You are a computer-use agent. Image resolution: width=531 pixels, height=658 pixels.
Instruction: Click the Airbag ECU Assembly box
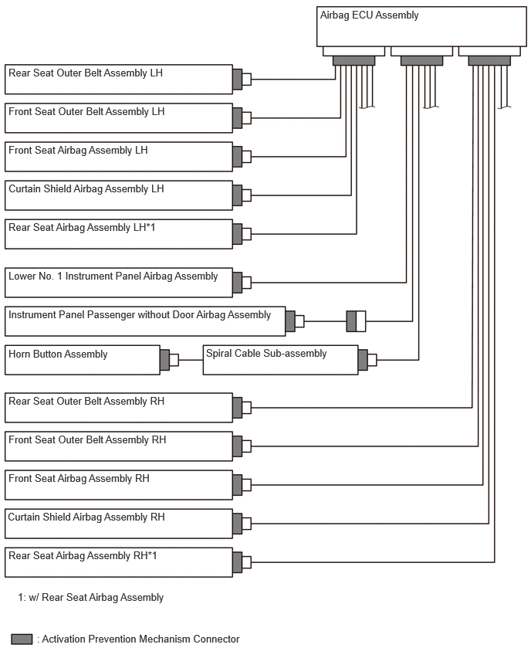pyautogui.click(x=421, y=26)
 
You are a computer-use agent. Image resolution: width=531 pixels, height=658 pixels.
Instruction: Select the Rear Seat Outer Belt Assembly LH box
pyautogui.click(x=119, y=80)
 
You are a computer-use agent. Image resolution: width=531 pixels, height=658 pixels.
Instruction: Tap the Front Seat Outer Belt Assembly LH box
pyautogui.click(x=119, y=118)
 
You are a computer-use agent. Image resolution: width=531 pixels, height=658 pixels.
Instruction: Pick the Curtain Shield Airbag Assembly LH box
pyautogui.click(x=119, y=195)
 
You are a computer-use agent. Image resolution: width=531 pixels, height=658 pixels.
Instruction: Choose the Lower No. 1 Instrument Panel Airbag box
pyautogui.click(x=119, y=283)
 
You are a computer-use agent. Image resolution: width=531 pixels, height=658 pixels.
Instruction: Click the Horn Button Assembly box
pyautogui.click(x=83, y=360)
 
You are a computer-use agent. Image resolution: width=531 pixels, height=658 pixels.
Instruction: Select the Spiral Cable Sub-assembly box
pyautogui.click(x=281, y=360)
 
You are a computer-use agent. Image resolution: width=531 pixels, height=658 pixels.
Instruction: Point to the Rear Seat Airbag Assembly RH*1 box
pyautogui.click(x=119, y=562)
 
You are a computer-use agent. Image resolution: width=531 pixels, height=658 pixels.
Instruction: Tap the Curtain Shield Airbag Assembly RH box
pyautogui.click(x=119, y=524)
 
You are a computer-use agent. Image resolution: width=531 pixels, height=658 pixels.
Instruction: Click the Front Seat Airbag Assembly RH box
pyautogui.click(x=119, y=485)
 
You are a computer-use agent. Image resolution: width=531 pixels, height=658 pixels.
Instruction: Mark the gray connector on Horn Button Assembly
pyautogui.click(x=165, y=360)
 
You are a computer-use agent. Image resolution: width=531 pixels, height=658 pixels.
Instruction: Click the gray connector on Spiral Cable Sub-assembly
pyautogui.click(x=364, y=360)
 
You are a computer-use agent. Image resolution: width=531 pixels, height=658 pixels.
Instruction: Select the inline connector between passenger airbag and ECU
pyautogui.click(x=356, y=321)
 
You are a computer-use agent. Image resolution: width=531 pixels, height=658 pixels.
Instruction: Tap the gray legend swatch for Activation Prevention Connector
pyautogui.click(x=22, y=639)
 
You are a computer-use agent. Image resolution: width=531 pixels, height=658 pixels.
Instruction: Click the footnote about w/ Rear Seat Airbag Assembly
pyautogui.click(x=90, y=597)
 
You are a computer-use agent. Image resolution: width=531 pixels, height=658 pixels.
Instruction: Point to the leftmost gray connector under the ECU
pyautogui.click(x=354, y=61)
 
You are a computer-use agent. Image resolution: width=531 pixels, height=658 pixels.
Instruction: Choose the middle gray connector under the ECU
pyautogui.click(x=421, y=61)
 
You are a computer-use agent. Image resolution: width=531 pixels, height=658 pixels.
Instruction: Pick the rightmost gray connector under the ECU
pyautogui.click(x=489, y=61)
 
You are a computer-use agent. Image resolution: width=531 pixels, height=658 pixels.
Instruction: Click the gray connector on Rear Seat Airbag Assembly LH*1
pyautogui.click(x=238, y=234)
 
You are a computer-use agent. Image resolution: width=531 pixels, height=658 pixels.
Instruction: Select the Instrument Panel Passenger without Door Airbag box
pyautogui.click(x=145, y=321)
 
